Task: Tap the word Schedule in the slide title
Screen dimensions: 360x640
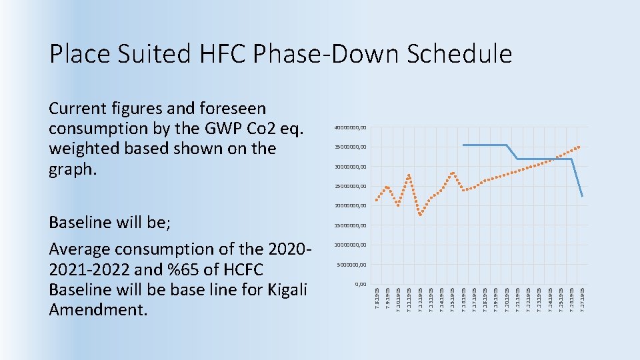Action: pos(447,54)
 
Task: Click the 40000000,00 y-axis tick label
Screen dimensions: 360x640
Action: pos(350,128)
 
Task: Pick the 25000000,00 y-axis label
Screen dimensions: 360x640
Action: pos(350,186)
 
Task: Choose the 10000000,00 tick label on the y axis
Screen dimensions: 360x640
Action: pos(350,245)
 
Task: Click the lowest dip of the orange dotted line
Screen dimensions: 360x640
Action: pos(420,215)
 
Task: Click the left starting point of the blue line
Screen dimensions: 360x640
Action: pos(463,145)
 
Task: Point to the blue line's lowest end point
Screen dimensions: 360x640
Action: pos(582,196)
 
